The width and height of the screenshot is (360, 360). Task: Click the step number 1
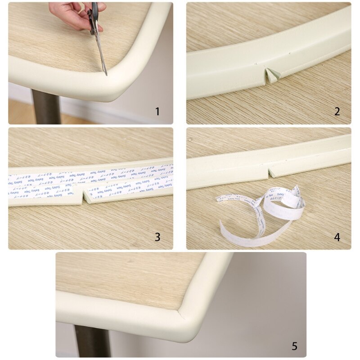tap(157, 111)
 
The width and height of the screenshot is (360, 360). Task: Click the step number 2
tap(337, 111)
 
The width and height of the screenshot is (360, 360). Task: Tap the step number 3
tap(157, 237)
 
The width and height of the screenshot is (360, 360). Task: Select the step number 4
tap(337, 237)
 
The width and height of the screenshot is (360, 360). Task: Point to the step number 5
tap(294, 346)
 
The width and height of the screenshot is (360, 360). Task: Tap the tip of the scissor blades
tap(106, 73)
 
